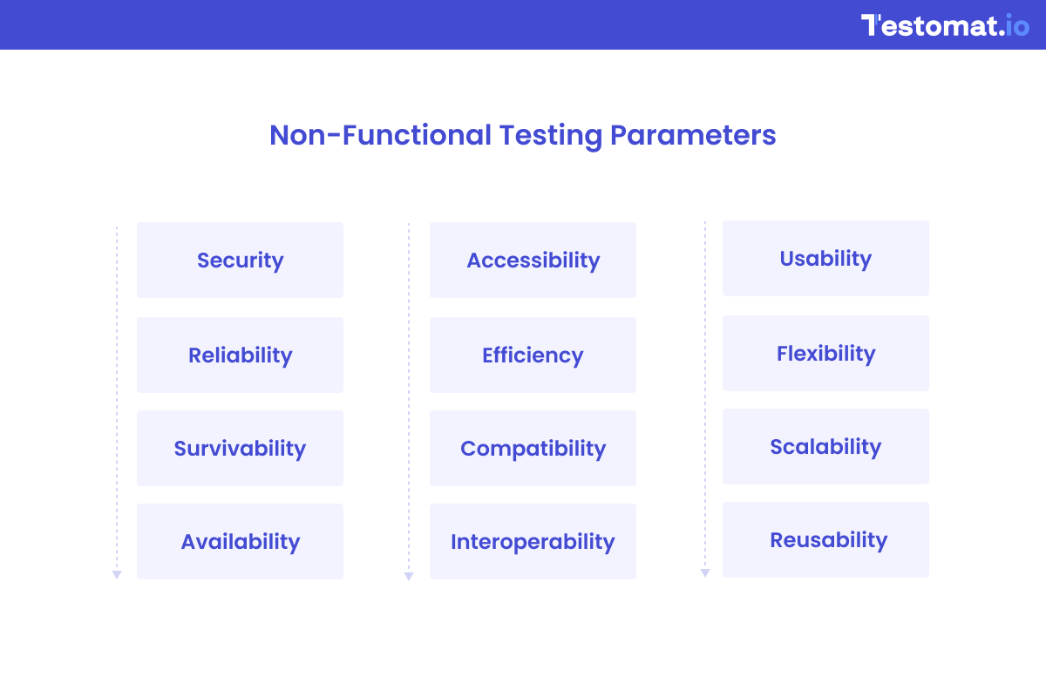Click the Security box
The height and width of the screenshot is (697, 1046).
pos(240,260)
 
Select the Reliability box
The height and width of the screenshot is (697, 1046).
pos(240,355)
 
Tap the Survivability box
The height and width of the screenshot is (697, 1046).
pos(240,448)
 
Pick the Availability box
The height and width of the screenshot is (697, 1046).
pos(240,541)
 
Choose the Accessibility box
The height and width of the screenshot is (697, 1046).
pos(533,260)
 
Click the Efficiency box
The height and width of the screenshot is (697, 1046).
pos(533,355)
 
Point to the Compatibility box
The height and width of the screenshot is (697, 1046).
pos(533,448)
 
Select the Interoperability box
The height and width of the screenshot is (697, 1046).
pos(533,541)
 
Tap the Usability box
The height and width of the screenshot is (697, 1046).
pos(825,258)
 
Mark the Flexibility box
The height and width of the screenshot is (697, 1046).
pos(825,353)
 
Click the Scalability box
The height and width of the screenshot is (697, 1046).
pos(825,446)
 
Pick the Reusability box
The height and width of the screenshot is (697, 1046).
pos(825,539)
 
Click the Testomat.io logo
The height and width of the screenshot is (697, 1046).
pos(945,25)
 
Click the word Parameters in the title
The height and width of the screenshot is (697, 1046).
pos(692,136)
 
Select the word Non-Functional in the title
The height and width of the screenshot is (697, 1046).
pos(380,136)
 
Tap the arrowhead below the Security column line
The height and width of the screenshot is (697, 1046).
pos(117,575)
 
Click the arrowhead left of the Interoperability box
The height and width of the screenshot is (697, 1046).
pos(409,576)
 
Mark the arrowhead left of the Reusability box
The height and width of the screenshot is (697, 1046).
pos(705,572)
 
